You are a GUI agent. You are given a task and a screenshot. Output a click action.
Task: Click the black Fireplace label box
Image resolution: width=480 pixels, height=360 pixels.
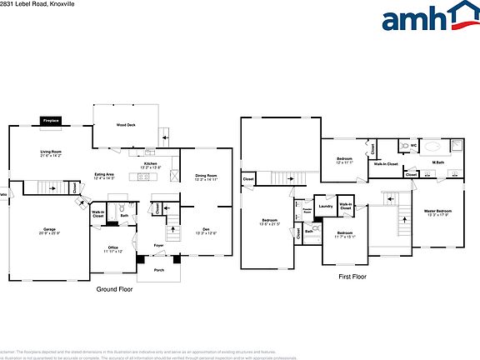(x=51, y=121)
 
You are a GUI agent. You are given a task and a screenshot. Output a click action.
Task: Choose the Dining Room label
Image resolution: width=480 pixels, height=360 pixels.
(x=206, y=177)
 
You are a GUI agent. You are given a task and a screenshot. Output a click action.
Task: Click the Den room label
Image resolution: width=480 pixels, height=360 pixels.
(x=206, y=231)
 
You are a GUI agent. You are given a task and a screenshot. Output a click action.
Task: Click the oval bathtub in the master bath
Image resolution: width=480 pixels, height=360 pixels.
(x=433, y=146)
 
